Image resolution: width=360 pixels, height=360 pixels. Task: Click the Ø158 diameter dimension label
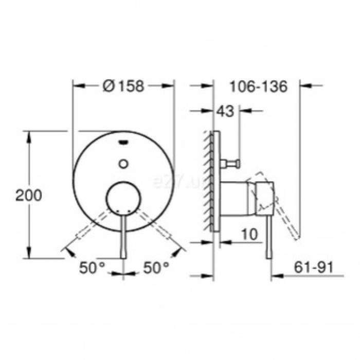[x=123, y=86]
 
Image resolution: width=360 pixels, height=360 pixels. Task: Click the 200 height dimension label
[x=28, y=195]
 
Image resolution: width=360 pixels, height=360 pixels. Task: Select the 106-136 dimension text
[x=258, y=86]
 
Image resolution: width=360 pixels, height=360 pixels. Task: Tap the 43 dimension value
[x=226, y=111]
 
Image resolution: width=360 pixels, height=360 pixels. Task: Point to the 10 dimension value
[x=249, y=235]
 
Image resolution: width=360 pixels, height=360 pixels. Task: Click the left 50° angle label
[x=92, y=267]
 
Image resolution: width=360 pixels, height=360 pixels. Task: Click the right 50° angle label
[x=156, y=267]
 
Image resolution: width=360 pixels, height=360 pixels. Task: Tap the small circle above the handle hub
[x=123, y=164]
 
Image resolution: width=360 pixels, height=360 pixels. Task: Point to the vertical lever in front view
[x=123, y=237]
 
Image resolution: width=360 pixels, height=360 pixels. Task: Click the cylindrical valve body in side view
[x=236, y=198]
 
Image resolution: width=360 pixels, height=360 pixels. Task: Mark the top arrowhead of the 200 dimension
[x=30, y=135]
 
